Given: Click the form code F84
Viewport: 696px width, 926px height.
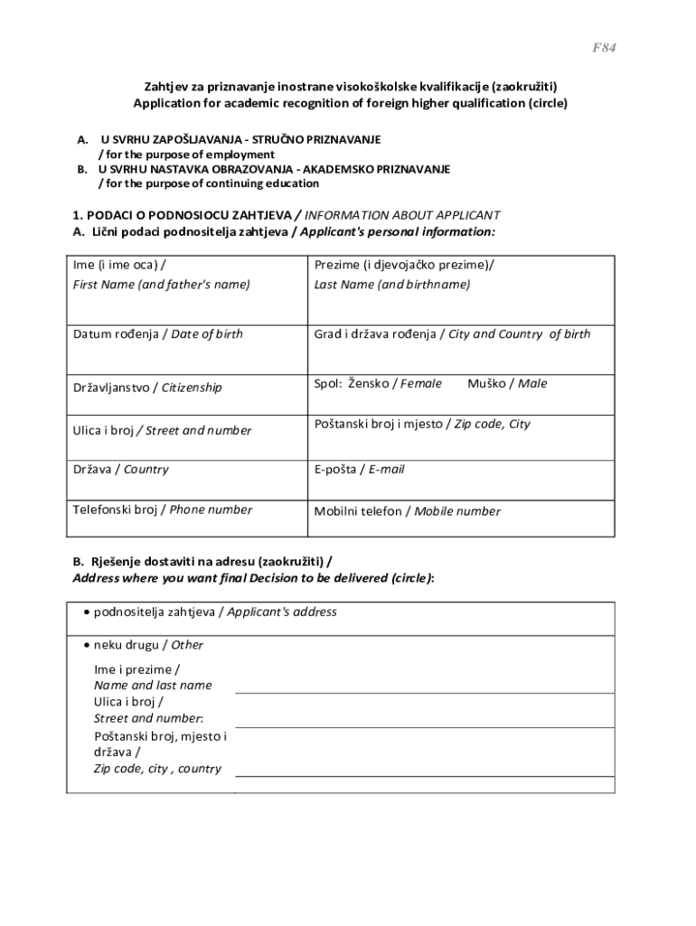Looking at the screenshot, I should pyautogui.click(x=605, y=47).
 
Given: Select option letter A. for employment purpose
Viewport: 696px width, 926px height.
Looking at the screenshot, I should pyautogui.click(x=82, y=140).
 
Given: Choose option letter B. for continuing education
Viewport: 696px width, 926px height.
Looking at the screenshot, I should pyautogui.click(x=82, y=169).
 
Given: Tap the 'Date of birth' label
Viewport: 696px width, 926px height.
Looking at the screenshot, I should pyautogui.click(x=207, y=334).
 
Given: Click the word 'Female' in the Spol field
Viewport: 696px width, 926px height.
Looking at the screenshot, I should pyautogui.click(x=421, y=383).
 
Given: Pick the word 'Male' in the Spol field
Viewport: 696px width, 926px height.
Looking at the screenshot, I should pyautogui.click(x=532, y=383).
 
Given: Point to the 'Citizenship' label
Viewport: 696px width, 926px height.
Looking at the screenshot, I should pyautogui.click(x=192, y=387).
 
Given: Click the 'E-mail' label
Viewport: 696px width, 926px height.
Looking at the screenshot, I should pyautogui.click(x=386, y=469).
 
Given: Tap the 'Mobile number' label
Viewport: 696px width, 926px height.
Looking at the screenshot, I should pyautogui.click(x=456, y=511).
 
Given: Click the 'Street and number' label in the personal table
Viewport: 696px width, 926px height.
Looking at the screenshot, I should pyautogui.click(x=199, y=430).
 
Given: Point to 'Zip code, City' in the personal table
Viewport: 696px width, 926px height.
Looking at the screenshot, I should pyautogui.click(x=492, y=423).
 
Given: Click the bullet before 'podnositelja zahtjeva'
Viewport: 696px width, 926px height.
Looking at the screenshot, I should pyautogui.click(x=86, y=612).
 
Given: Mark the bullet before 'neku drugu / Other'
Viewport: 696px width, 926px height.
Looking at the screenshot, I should pyautogui.click(x=86, y=646).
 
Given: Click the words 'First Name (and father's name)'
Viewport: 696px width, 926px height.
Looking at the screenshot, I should pyautogui.click(x=162, y=284).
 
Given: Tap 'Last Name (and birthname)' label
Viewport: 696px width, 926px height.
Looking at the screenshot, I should pyautogui.click(x=392, y=284).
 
